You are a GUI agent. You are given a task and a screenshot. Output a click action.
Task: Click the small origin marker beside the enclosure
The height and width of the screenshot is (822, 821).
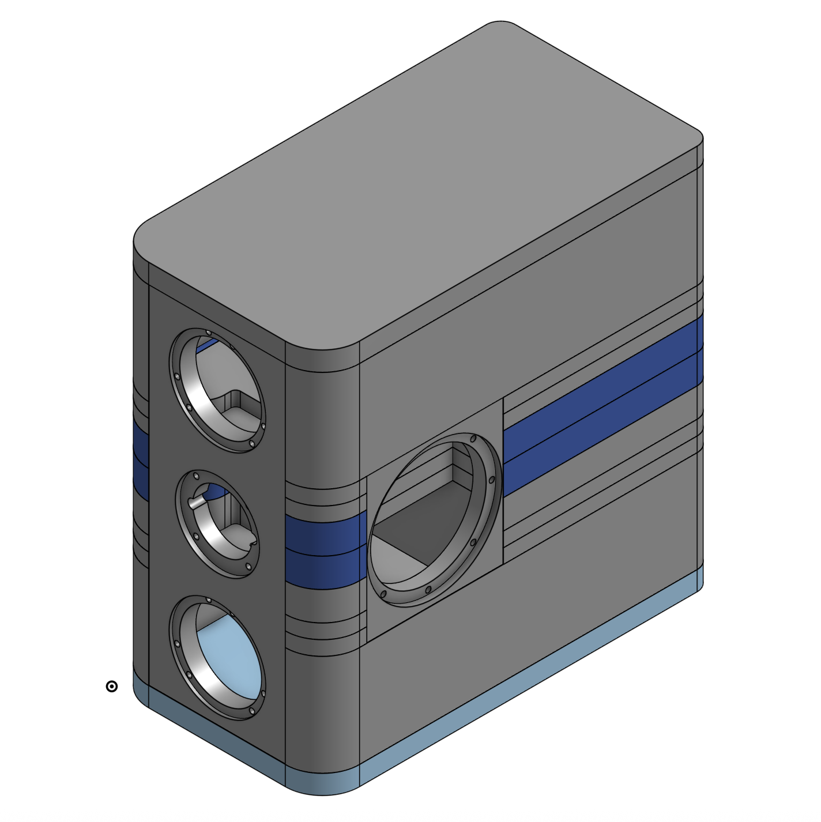tap(112, 686)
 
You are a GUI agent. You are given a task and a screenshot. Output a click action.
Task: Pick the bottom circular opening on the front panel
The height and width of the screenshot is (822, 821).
tap(218, 657)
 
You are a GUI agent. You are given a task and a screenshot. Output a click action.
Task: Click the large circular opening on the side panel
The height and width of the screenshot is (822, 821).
tap(434, 519)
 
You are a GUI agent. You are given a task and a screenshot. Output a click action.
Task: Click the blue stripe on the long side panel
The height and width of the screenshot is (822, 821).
tap(600, 404)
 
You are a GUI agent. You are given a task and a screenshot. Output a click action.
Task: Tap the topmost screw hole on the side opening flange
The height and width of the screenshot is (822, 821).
tap(473, 439)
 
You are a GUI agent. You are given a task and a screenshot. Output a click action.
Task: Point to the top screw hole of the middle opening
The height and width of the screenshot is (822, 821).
tap(196, 477)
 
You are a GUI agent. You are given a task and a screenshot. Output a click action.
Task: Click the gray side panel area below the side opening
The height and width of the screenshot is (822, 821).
tap(519, 623)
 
